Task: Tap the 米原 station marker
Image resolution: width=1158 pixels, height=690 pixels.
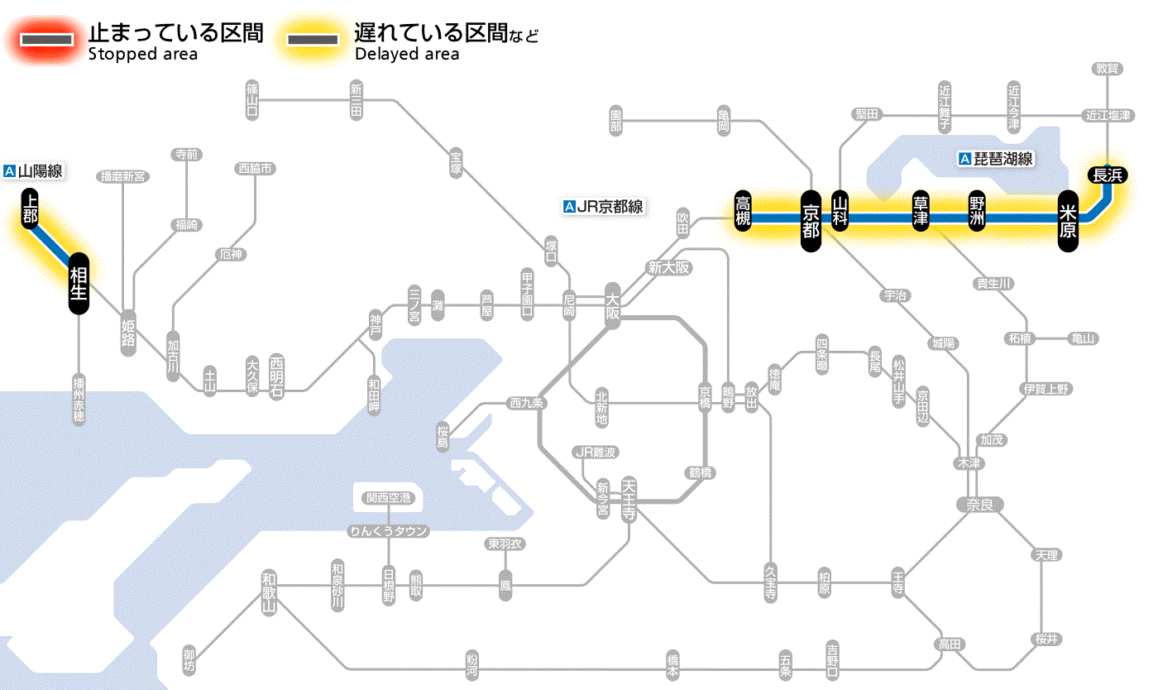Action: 1068,221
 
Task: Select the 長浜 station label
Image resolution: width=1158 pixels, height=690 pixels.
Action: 1108,175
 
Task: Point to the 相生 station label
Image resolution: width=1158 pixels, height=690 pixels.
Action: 79,284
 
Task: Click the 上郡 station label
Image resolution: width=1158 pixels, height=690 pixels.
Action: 31,208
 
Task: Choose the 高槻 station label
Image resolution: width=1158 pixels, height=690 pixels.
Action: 743,210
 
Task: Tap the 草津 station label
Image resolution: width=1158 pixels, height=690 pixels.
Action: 921,212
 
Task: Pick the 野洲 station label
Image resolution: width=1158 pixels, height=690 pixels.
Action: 977,212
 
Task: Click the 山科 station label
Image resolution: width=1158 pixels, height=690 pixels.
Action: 840,212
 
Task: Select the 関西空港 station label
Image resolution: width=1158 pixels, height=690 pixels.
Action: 389,498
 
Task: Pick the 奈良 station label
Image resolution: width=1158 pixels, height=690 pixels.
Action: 979,504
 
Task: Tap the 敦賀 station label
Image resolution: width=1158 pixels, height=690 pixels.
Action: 1108,69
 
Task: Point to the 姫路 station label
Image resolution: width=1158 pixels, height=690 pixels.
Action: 128,333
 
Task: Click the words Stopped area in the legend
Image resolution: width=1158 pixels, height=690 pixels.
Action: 143,55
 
